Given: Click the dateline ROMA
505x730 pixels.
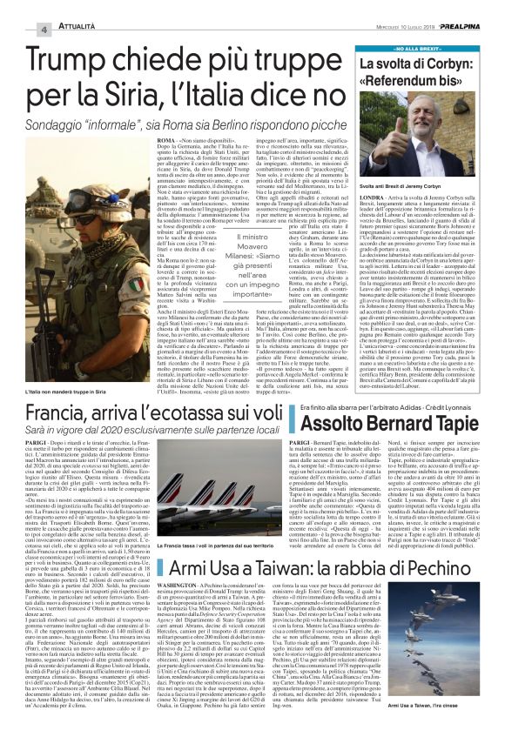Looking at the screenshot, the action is pyautogui.click(x=170, y=138).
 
